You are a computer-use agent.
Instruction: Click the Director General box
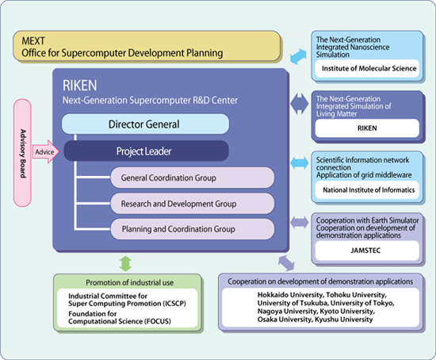(x=145, y=124)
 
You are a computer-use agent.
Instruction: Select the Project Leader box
(x=147, y=151)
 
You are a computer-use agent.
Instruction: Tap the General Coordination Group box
(x=193, y=178)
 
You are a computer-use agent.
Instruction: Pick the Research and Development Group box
(x=193, y=203)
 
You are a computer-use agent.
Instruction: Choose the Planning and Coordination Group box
(x=193, y=229)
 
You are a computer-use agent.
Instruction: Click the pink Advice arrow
(x=46, y=151)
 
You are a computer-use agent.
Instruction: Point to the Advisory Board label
(x=23, y=153)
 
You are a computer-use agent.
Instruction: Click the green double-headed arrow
(x=125, y=263)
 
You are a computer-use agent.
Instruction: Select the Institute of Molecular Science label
(x=369, y=68)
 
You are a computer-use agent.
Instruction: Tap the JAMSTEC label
(x=365, y=250)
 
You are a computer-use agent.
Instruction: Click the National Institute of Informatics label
(x=369, y=190)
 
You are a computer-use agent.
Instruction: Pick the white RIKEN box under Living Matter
(x=367, y=128)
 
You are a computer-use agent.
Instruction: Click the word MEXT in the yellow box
(x=33, y=41)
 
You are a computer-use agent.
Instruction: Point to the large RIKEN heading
(x=80, y=85)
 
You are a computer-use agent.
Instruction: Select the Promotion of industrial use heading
(x=129, y=282)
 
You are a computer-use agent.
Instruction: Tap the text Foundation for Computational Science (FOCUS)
(x=120, y=317)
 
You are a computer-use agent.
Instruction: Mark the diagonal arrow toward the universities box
(x=286, y=263)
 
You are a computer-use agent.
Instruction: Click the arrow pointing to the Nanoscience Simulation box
(x=298, y=56)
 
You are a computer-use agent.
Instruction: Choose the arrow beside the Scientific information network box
(x=299, y=163)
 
